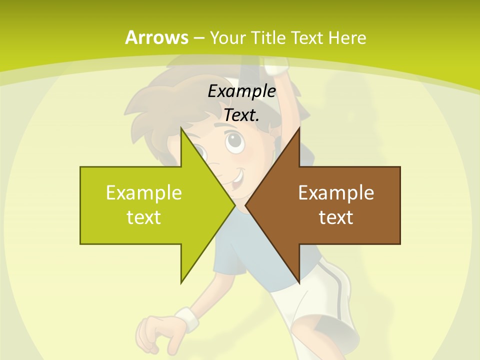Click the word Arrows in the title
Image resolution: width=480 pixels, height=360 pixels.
[157, 37]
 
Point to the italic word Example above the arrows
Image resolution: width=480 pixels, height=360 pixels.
[241, 91]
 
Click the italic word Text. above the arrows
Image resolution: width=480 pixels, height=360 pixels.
[241, 115]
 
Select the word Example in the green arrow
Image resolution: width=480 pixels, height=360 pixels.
[144, 192]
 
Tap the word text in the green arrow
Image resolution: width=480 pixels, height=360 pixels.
[144, 217]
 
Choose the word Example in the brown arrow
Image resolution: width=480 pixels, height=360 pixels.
[336, 192]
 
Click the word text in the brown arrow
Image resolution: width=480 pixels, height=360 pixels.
[336, 217]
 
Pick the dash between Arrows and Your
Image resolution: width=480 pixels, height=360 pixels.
[198, 38]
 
